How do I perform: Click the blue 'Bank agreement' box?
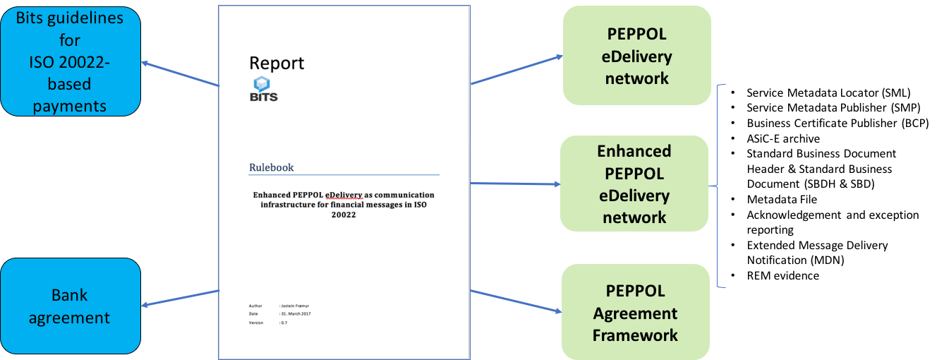pos(71,306)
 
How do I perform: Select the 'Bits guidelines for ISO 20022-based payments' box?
pos(71,61)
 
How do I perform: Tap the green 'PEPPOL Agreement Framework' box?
pos(636,312)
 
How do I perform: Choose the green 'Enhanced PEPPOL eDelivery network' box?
pos(634,184)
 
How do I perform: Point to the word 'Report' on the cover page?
pos(277,64)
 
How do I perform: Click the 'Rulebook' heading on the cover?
pos(271,167)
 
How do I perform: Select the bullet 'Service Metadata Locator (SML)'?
pos(828,92)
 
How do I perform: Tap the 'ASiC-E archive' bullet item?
pos(783,138)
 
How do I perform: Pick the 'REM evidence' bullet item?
pos(782,275)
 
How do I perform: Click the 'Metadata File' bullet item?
pos(782,199)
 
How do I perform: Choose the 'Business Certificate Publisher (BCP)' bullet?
pos(838,123)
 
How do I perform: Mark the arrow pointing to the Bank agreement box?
pos(181,298)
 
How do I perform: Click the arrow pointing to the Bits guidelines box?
pos(181,73)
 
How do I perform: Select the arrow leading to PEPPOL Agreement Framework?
pos(516,301)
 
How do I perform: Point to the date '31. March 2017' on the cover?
pos(296,313)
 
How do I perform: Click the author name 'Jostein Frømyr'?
pos(296,306)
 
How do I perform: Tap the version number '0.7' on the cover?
pos(284,323)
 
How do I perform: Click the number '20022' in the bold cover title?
pos(344,215)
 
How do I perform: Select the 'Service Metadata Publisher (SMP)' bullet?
pos(833,107)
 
